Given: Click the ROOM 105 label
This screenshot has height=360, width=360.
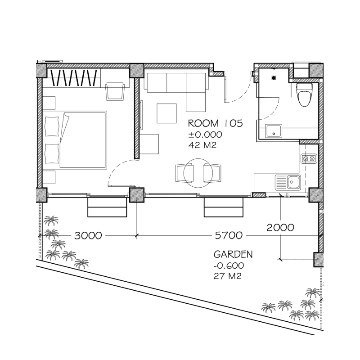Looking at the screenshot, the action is click(216, 123).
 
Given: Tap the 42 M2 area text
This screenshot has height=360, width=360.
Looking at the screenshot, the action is click(202, 145).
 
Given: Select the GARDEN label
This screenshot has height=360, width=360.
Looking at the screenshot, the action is click(233, 254).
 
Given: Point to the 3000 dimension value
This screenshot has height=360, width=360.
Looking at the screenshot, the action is click(88, 235).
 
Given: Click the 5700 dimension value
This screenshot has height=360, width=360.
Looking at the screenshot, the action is click(229, 235).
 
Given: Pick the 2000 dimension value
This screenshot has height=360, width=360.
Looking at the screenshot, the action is click(280, 228).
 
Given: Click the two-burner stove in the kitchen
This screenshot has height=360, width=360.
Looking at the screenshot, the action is click(309, 158).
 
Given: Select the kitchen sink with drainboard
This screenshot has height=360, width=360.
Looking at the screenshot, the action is click(288, 183).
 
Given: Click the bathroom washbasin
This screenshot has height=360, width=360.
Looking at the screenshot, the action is click(274, 131).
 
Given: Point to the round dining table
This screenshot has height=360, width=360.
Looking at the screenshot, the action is click(198, 173).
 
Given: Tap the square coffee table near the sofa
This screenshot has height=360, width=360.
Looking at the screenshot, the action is click(166, 113).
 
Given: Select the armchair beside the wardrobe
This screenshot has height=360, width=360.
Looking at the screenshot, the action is click(115, 91).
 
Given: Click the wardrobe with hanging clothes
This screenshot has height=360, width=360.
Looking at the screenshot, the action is click(72, 77).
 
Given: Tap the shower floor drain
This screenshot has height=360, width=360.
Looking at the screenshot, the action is click(274, 78).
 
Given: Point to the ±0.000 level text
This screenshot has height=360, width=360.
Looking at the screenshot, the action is click(205, 135).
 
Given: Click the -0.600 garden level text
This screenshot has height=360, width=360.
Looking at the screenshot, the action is click(229, 265).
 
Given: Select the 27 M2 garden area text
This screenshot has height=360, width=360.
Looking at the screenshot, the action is click(228, 276).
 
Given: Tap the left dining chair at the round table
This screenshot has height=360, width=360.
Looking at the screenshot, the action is click(184, 173).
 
